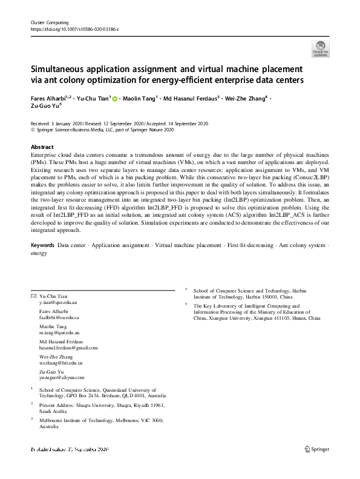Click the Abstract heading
tap(42, 147)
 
